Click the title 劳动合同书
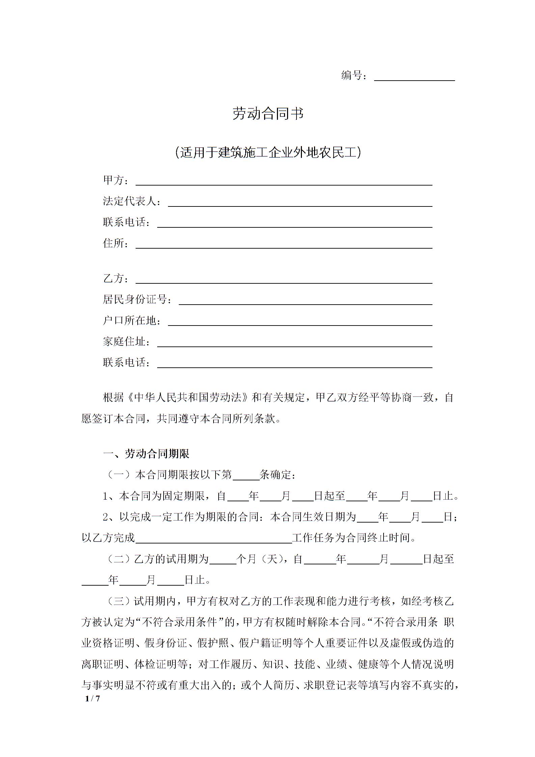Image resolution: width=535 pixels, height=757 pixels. point(268,114)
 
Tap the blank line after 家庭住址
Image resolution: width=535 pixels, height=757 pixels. point(294,342)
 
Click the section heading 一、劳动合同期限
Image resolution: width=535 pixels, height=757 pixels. point(146,454)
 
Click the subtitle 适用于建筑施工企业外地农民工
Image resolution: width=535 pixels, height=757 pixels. point(268,152)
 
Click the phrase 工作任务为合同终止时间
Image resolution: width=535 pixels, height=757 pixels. point(353,538)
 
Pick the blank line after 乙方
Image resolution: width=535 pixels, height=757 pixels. point(284,280)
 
